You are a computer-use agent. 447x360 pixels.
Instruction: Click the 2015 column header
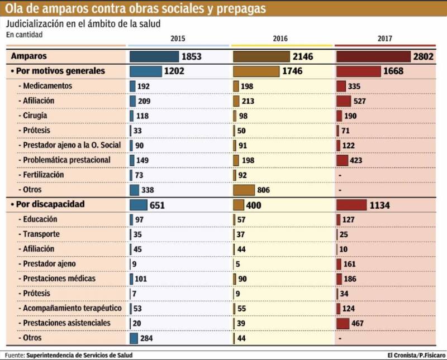pyautogui.click(x=178, y=39)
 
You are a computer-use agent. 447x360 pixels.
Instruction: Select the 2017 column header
pyautogui.click(x=384, y=39)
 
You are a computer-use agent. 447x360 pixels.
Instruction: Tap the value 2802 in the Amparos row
pyautogui.click(x=424, y=57)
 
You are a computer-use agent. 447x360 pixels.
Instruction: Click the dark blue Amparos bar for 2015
pyautogui.click(x=154, y=57)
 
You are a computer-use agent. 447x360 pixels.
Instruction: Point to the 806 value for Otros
pyautogui.click(x=263, y=190)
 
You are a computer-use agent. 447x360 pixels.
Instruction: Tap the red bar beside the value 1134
pyautogui.click(x=351, y=205)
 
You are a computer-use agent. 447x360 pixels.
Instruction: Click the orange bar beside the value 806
pyautogui.click(x=244, y=190)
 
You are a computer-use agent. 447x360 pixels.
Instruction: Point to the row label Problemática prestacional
pyautogui.click(x=66, y=160)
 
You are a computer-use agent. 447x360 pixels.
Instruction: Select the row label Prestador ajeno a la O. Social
pyautogui.click(x=72, y=145)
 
